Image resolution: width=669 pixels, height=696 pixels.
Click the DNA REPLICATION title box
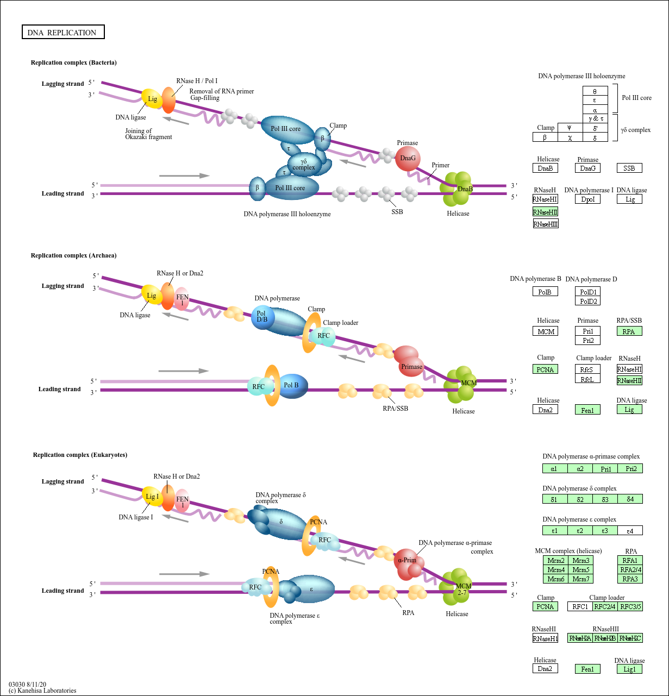click(x=62, y=33)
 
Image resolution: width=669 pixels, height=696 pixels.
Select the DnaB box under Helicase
click(x=545, y=168)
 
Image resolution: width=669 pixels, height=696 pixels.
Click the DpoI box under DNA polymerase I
click(x=587, y=199)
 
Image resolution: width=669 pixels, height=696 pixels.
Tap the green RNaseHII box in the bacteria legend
click(x=545, y=212)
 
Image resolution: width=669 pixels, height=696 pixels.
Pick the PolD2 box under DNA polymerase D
click(x=587, y=301)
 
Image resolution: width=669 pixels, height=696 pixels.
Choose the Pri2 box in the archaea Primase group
click(x=587, y=341)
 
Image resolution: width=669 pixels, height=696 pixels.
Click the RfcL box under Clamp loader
click(x=587, y=379)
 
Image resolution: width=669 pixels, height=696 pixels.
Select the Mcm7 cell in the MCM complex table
click(x=580, y=579)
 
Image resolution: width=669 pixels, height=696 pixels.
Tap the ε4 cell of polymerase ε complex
click(x=630, y=530)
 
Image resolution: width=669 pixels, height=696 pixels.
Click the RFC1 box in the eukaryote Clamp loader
click(x=580, y=607)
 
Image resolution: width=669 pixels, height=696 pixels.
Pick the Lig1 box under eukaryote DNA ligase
click(x=629, y=669)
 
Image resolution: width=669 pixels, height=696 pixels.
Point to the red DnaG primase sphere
click(x=408, y=159)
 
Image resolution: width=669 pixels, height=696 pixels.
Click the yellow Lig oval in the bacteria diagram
click(x=152, y=99)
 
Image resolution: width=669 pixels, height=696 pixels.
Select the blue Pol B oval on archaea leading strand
click(x=292, y=385)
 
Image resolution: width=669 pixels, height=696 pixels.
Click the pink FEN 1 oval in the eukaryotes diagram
click(x=182, y=501)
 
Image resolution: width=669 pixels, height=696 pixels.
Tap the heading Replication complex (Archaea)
click(x=73, y=255)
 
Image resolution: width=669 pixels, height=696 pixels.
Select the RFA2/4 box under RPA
click(x=630, y=570)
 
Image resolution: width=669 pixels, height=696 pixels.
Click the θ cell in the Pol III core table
click(x=595, y=91)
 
